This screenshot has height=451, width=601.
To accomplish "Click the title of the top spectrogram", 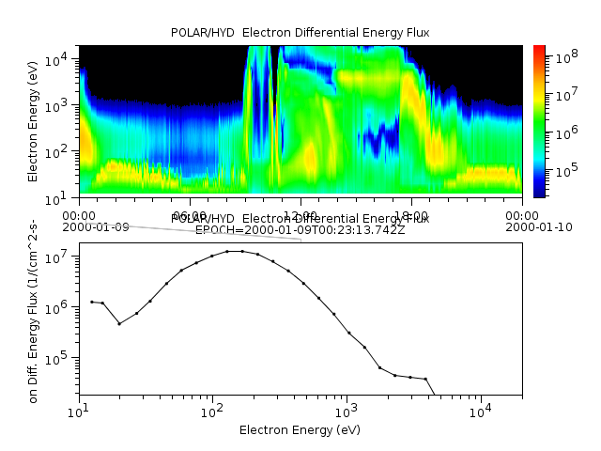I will tap(300, 33).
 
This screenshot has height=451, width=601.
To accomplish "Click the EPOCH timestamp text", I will tap(300, 229).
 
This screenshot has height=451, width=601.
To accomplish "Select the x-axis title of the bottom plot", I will tap(300, 430).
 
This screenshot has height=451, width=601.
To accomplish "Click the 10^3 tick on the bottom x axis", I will tap(347, 411).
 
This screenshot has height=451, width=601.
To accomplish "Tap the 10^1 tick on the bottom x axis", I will tap(80, 411).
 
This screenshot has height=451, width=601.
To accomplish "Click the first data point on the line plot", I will tap(91, 302).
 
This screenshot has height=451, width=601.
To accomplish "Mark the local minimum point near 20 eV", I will tap(119, 323).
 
